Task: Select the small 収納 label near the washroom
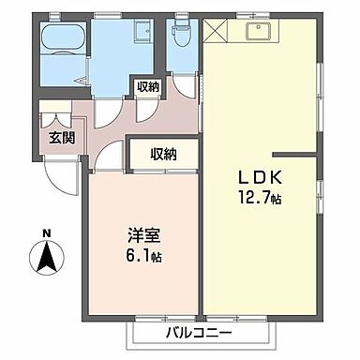click(x=147, y=86)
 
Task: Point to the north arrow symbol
click(x=44, y=257)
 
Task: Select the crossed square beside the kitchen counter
click(x=215, y=32)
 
